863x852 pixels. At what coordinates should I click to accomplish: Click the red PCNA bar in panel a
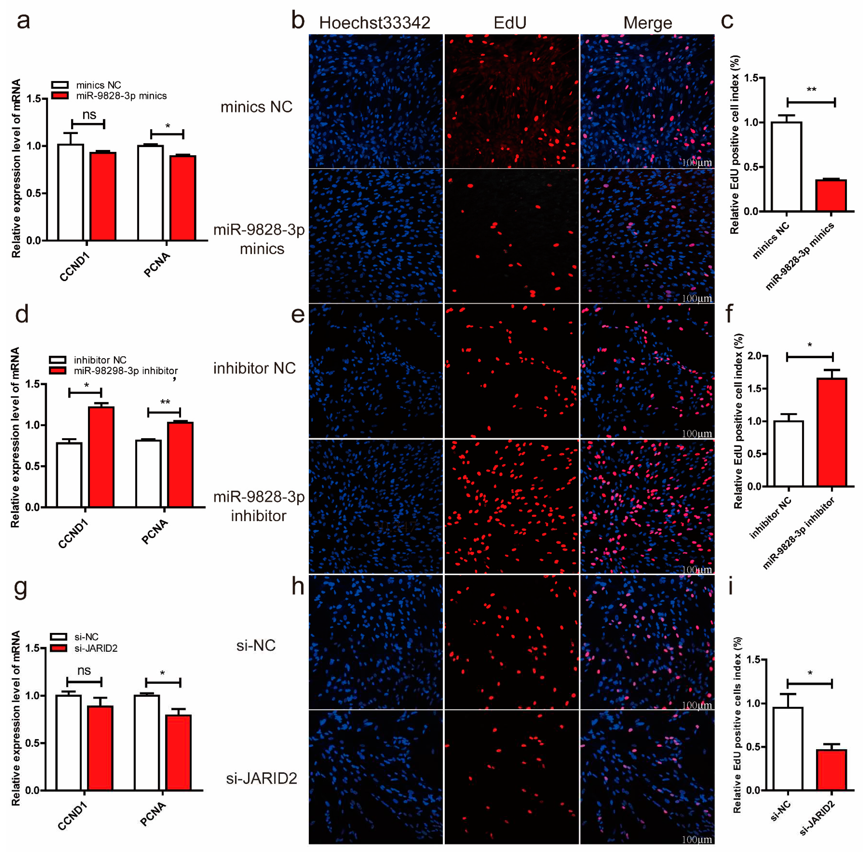[183, 198]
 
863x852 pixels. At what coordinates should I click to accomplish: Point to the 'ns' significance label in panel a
[89, 115]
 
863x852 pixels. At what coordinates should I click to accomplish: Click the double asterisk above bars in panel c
[811, 90]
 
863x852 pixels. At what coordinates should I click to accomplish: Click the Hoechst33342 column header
[374, 23]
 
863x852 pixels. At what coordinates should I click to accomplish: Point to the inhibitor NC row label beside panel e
[254, 369]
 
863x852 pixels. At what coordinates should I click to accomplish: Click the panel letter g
[21, 588]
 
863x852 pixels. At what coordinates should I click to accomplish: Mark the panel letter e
[298, 315]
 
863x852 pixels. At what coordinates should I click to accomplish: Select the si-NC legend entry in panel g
[86, 637]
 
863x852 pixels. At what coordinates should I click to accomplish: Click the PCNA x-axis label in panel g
[153, 814]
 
